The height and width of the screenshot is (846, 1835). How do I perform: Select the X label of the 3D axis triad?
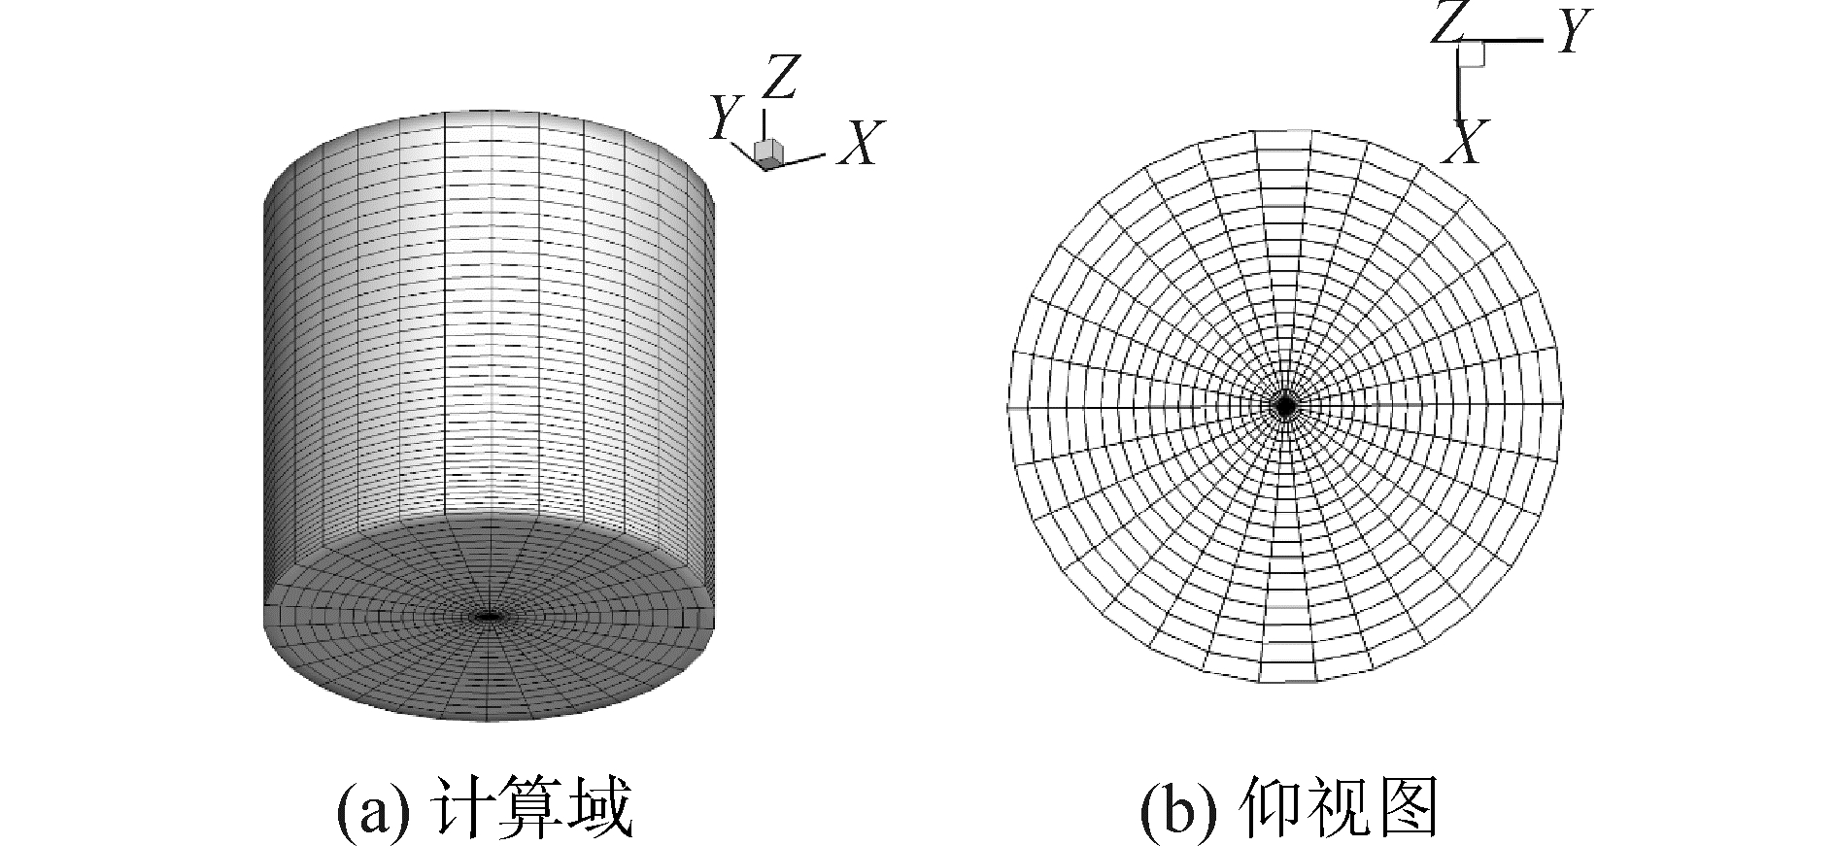860,143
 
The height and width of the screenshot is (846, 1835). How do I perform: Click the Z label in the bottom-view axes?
1447,23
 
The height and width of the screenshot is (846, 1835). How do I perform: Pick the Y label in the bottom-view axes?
1572,35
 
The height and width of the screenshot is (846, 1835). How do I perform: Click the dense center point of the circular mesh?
1285,406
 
